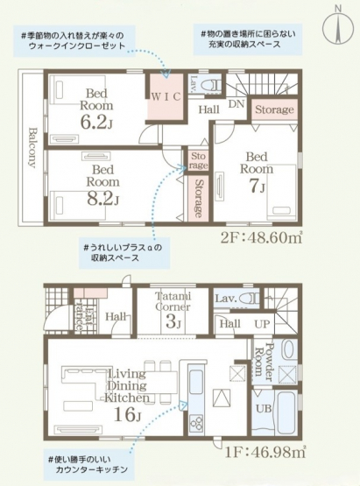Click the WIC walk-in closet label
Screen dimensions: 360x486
point(166,97)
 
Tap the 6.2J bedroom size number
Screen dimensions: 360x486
point(96,122)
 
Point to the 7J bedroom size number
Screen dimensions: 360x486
point(257,186)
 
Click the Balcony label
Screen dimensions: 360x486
point(32,147)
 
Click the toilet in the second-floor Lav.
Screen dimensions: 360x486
point(212,85)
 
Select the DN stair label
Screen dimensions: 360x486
point(236,104)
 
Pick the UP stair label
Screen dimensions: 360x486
point(262,324)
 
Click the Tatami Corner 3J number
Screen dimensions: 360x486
point(173,322)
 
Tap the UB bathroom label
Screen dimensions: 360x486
point(264,409)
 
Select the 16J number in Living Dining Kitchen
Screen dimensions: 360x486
point(127,414)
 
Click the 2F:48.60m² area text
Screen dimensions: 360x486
point(261,238)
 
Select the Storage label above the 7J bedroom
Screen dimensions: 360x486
point(274,109)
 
